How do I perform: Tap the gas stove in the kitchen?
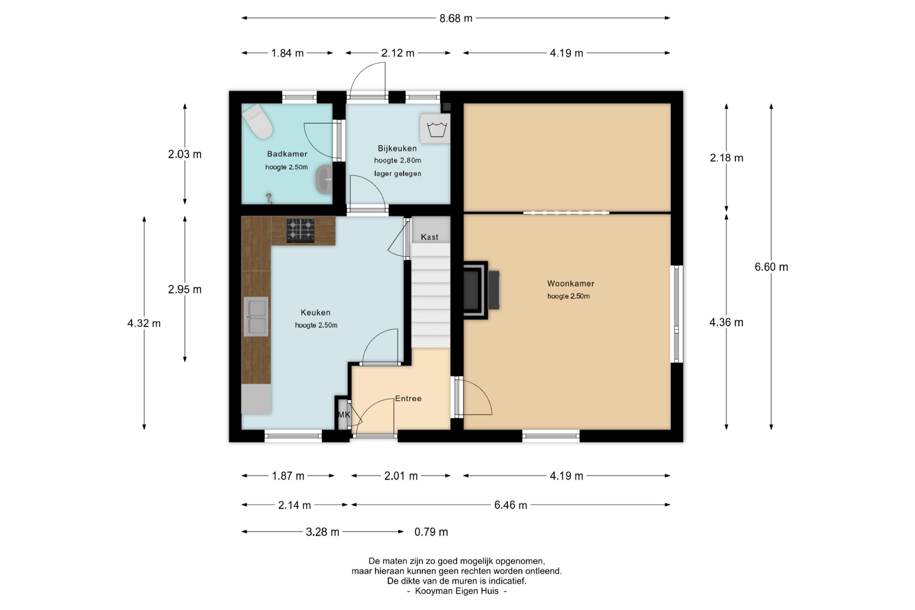point(300,230)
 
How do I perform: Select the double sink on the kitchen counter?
point(256,316)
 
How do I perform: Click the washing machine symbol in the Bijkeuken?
point(435,128)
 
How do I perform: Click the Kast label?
point(430,237)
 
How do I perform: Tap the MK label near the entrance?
point(344,415)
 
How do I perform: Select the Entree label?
point(408,399)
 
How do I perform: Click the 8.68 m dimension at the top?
point(456,18)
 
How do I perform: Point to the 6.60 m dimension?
point(771,267)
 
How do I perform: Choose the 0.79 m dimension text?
point(431,532)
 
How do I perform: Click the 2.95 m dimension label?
point(185,290)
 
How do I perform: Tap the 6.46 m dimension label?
point(511,505)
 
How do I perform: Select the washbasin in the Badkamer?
point(324,180)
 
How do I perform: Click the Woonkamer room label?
point(571,283)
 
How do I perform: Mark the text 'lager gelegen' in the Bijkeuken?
point(398,174)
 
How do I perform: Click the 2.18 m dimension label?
point(726,158)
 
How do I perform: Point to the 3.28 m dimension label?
point(323,532)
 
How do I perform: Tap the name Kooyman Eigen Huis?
point(457,591)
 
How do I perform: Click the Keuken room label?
point(316,313)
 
